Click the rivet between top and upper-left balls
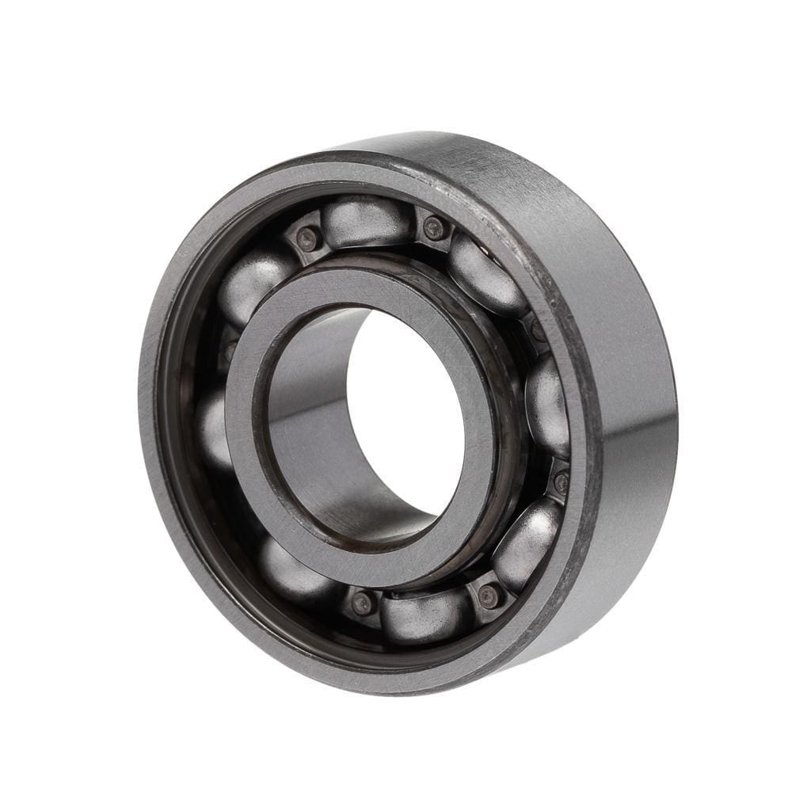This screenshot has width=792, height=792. coord(310,238)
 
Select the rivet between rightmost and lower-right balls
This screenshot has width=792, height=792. coord(561,480)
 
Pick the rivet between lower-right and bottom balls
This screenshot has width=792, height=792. coord(489,596)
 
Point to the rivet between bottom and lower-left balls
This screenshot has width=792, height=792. coord(363,603)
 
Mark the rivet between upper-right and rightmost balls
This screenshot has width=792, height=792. coord(537,329)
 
